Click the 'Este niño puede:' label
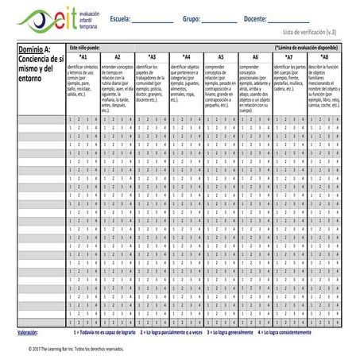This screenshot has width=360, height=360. (x=87, y=48)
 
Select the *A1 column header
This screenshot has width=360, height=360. (x=83, y=57)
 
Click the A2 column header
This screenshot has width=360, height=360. (x=117, y=57)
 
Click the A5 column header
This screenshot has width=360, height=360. (x=220, y=57)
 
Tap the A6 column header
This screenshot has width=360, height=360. (x=255, y=57)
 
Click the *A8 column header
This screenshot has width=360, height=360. (x=323, y=57)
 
